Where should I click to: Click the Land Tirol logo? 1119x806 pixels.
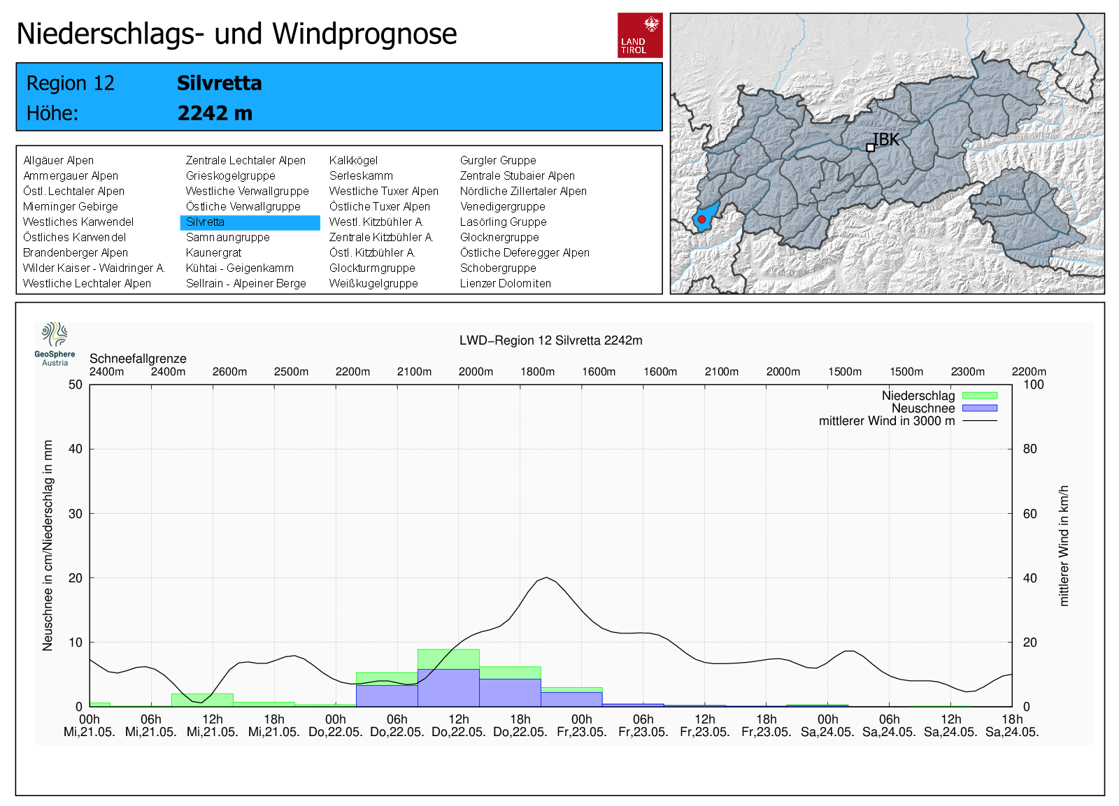(x=640, y=36)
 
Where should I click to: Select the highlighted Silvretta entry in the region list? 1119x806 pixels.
(x=250, y=222)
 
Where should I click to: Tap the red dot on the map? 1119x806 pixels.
(x=701, y=220)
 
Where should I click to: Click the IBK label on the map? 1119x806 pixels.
(x=885, y=140)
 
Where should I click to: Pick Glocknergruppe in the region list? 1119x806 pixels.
(x=499, y=237)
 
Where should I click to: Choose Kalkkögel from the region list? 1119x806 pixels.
(x=353, y=160)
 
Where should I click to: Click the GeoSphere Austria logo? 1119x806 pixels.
(x=55, y=344)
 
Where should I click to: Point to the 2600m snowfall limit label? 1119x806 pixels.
(x=229, y=372)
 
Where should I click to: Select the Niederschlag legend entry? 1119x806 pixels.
(x=939, y=396)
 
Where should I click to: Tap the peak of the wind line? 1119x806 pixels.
(x=546, y=578)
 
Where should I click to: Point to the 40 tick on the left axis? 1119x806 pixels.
(x=76, y=449)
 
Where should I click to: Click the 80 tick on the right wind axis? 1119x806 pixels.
(x=1030, y=449)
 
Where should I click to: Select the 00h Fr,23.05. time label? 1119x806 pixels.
(x=581, y=726)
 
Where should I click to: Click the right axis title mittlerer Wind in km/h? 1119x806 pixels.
(x=1064, y=546)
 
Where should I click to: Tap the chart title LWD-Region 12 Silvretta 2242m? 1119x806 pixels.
(x=550, y=340)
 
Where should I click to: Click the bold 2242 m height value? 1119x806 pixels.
(x=215, y=113)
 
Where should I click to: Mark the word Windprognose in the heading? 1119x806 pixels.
(x=364, y=34)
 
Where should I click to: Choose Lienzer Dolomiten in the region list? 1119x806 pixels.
(x=505, y=284)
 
